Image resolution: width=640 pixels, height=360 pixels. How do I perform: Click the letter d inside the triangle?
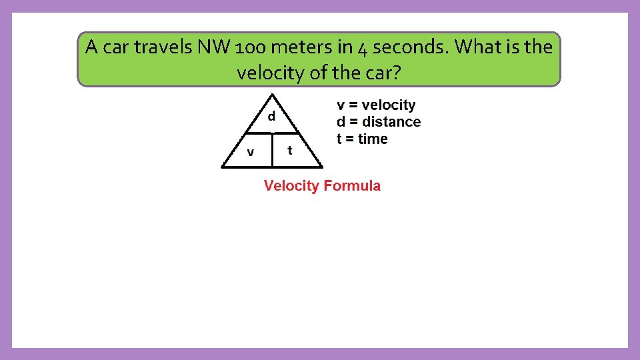(x=271, y=116)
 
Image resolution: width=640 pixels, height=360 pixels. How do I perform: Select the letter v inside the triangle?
(x=250, y=152)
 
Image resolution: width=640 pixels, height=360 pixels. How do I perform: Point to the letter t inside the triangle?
(x=289, y=150)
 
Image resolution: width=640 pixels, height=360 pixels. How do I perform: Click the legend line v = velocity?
(x=376, y=105)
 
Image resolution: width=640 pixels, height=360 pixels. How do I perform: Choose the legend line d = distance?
(x=379, y=122)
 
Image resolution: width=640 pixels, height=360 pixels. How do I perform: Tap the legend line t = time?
(x=362, y=139)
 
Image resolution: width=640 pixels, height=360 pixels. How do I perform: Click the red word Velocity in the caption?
(x=291, y=186)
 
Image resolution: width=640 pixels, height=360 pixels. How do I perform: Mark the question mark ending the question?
(x=397, y=72)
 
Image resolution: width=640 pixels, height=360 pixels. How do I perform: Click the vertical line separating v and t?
(x=273, y=150)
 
